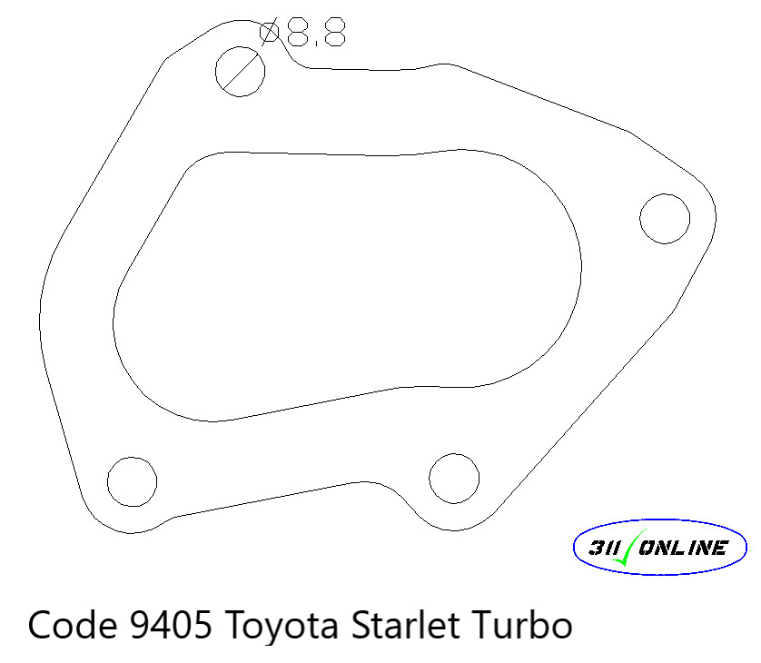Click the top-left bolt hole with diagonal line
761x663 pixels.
click(240, 71)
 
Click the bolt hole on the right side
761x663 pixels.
click(664, 218)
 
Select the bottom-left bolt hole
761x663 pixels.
click(132, 480)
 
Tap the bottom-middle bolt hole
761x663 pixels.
click(454, 478)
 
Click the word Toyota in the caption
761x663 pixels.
click(275, 627)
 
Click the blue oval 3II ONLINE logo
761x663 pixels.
click(660, 548)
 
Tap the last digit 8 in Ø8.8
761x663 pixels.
click(332, 34)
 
